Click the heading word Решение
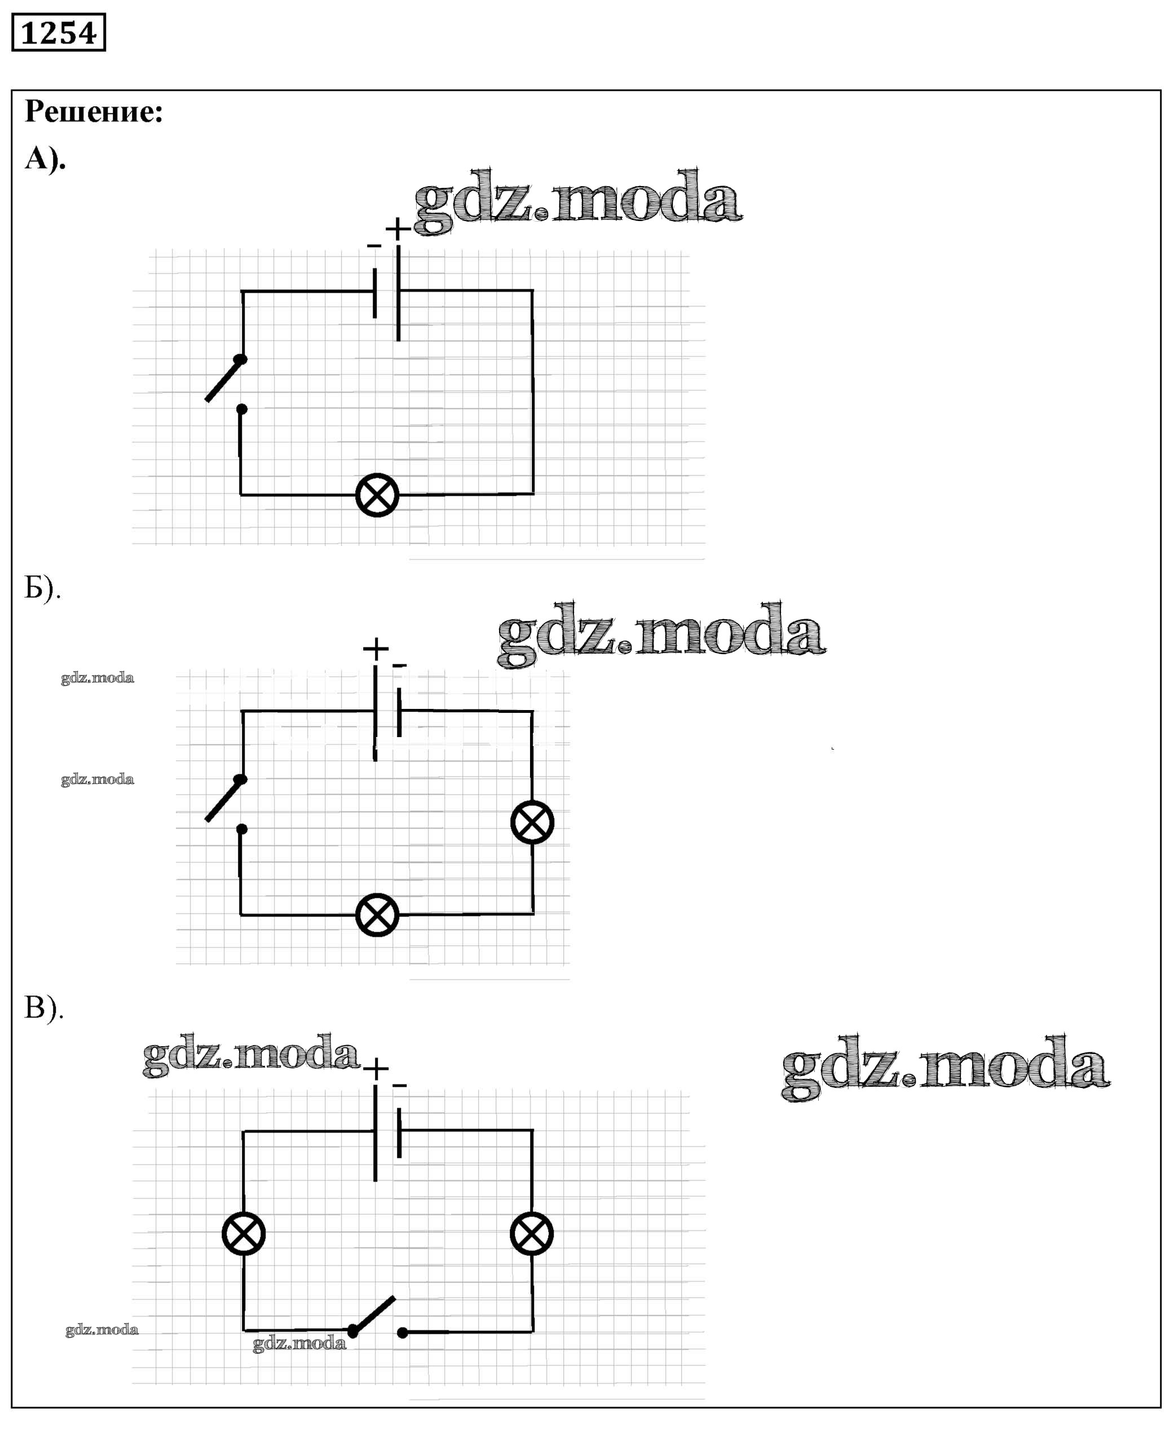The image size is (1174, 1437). [94, 112]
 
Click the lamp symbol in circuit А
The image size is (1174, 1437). [377, 495]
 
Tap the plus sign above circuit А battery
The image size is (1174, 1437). [398, 228]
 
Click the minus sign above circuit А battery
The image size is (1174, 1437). [374, 246]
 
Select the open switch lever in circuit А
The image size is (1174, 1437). [224, 380]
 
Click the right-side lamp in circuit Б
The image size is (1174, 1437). [532, 822]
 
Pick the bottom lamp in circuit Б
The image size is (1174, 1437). [377, 915]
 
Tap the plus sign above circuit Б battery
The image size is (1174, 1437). [376, 649]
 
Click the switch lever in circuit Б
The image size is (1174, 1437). [224, 800]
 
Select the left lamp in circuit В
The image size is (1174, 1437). [244, 1233]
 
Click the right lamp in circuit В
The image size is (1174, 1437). [532, 1233]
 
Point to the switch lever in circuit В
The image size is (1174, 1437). [374, 1315]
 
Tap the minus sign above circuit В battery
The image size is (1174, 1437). [400, 1087]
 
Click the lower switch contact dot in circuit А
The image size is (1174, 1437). [241, 409]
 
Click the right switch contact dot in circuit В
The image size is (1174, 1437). [403, 1333]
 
